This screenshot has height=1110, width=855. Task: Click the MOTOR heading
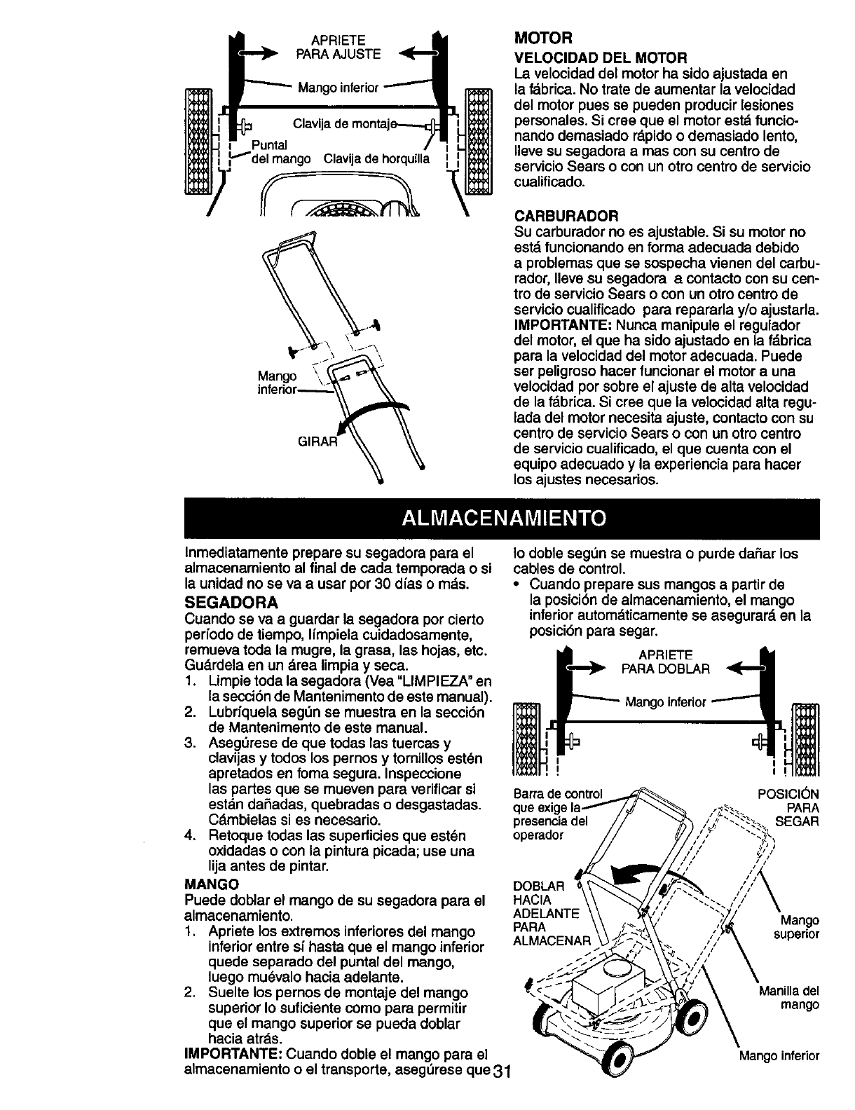pyautogui.click(x=535, y=35)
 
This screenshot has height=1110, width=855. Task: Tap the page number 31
pyautogui.click(x=503, y=1093)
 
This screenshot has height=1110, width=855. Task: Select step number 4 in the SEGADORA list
pyautogui.click(x=189, y=836)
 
